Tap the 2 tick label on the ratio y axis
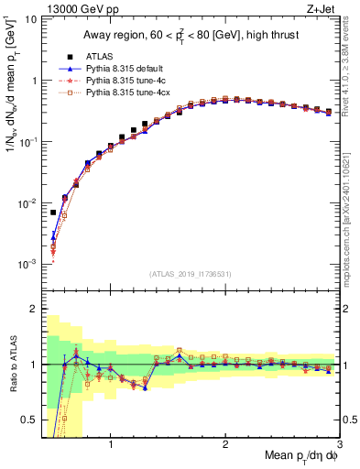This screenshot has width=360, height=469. pos(33,309)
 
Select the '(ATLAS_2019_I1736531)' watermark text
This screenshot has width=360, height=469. pos(191,274)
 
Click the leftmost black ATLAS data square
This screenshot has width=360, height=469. pos(53,213)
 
